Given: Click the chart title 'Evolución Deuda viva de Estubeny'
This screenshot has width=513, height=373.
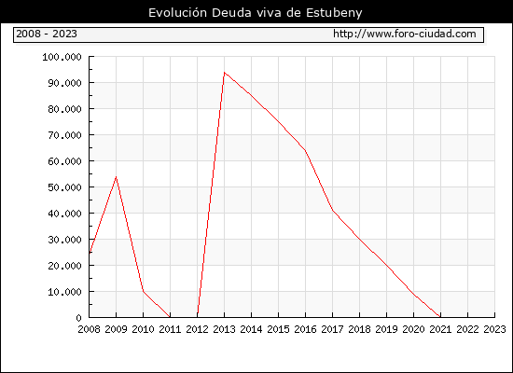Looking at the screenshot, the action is click(256, 13).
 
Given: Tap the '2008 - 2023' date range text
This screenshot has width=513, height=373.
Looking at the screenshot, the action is click(47, 34).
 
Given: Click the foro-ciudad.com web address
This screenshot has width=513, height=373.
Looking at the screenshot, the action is click(405, 34).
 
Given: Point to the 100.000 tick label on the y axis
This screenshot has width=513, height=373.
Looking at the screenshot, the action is click(62, 57).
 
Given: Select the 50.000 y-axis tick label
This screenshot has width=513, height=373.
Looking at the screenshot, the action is click(64, 187).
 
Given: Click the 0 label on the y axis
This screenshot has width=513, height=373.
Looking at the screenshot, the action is click(78, 318).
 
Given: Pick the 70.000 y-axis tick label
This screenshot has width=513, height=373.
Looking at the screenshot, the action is click(64, 135).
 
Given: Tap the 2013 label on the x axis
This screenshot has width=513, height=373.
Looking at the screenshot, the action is click(224, 329).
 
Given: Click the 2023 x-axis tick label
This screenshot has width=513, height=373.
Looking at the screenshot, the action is click(494, 329).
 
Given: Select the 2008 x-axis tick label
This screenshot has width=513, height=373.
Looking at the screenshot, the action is click(89, 329).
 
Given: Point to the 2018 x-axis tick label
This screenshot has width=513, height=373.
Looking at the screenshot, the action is click(359, 329).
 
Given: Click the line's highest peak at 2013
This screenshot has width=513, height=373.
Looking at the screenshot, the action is click(224, 73).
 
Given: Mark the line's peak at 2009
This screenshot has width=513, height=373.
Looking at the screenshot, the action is click(117, 176).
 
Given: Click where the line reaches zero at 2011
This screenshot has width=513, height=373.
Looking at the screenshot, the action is click(170, 317).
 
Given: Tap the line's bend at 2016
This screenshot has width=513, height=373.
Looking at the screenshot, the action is click(305, 150).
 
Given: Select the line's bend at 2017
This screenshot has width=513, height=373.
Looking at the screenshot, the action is click(332, 211).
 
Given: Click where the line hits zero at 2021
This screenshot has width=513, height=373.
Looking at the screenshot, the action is click(440, 317).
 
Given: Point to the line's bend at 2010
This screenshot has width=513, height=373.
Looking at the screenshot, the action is click(144, 291).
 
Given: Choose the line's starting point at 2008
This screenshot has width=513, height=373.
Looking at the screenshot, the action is click(90, 253).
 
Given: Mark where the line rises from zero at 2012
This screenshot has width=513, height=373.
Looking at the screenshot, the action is click(198, 317).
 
